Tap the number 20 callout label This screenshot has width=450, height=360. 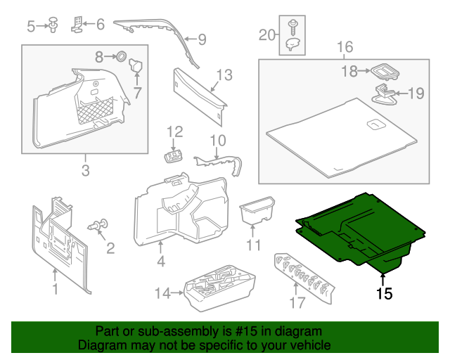[267, 34]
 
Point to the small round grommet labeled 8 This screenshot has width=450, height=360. [120, 56]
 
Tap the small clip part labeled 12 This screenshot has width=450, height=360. [173, 153]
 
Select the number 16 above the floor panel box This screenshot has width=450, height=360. [344, 47]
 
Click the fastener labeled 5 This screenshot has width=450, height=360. [53, 26]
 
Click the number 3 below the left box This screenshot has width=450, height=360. [85, 171]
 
